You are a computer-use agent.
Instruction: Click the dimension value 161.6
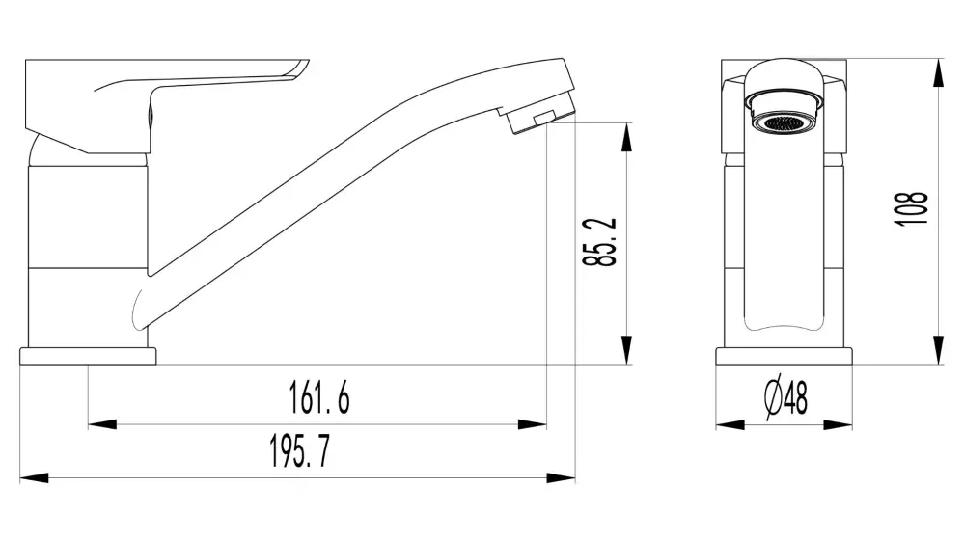click(319, 397)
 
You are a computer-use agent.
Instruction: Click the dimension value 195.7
click(298, 451)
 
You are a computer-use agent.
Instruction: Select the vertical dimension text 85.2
click(605, 242)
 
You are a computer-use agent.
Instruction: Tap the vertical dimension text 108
click(912, 208)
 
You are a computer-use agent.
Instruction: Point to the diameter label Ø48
click(785, 397)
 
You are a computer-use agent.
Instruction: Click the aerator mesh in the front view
click(784, 122)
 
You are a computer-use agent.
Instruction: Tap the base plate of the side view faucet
click(88, 356)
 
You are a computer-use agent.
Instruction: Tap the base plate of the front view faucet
click(785, 356)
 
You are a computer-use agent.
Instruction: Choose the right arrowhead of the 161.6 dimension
click(534, 423)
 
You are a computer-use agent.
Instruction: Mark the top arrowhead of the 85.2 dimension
click(627, 136)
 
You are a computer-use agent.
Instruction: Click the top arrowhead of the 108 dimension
click(938, 72)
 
